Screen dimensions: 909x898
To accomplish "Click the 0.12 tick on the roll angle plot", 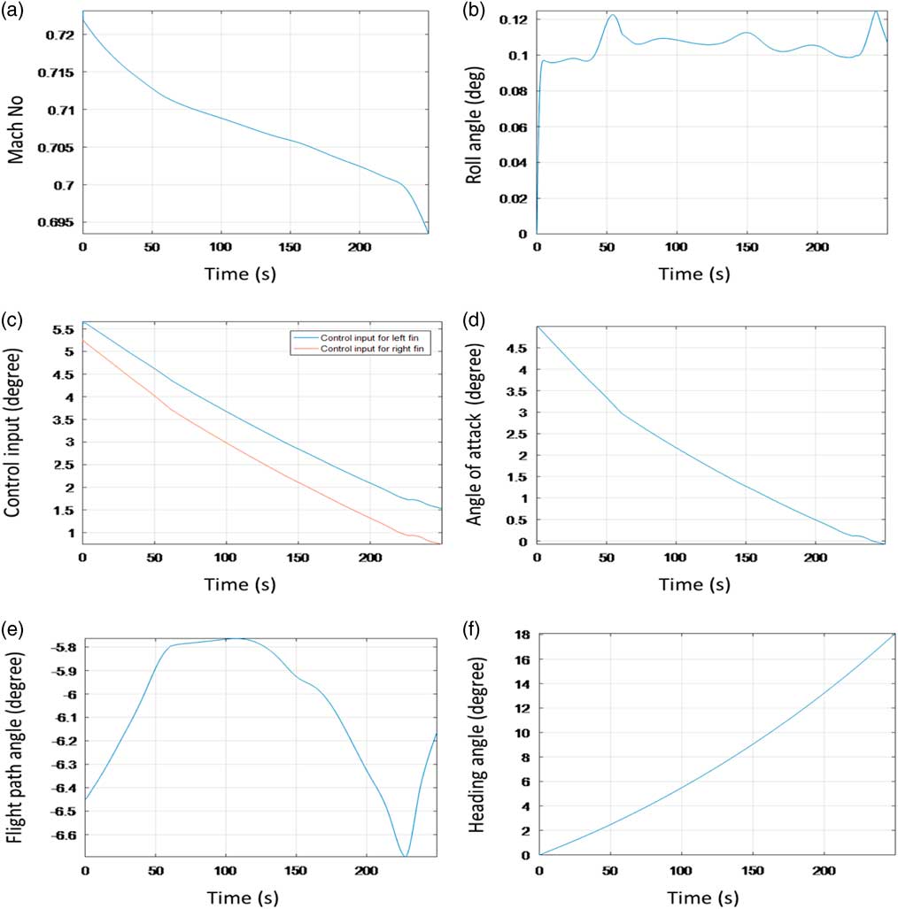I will [515, 19].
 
